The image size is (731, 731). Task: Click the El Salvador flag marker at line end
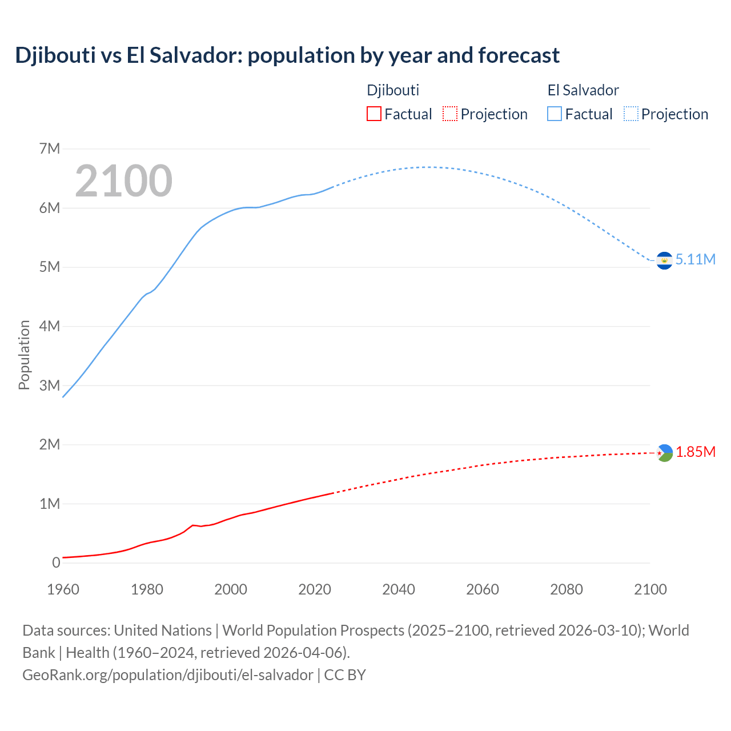(664, 260)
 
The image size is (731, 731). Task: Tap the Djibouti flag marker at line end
(664, 453)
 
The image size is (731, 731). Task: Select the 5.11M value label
(695, 259)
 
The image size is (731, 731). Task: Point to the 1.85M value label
(696, 452)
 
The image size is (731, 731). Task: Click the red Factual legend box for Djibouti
(373, 114)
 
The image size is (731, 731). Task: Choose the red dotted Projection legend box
(450, 114)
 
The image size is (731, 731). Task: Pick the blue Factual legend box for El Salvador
(555, 114)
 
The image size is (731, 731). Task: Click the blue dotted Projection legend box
(631, 114)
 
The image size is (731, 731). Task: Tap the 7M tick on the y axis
(50, 149)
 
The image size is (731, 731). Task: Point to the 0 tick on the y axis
(56, 563)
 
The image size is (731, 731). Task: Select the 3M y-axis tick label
(50, 385)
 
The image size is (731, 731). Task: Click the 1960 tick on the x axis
(63, 589)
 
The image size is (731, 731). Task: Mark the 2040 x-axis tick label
(399, 589)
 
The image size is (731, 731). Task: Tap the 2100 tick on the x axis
(650, 589)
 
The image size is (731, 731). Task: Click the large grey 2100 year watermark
(123, 181)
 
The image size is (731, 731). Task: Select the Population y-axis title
(24, 355)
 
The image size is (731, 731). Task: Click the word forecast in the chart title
(519, 55)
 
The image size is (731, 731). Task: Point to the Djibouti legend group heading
(393, 90)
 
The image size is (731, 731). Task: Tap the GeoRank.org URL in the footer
(167, 674)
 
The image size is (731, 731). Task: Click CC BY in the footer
(345, 674)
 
